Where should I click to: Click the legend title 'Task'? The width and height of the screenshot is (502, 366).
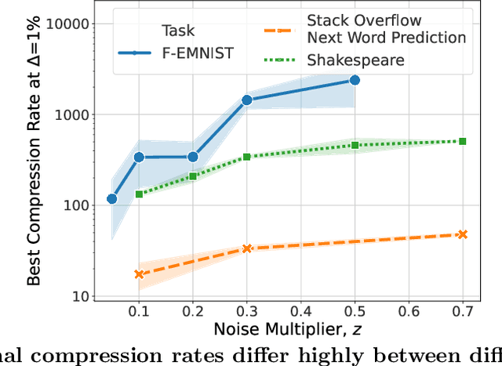click(178, 31)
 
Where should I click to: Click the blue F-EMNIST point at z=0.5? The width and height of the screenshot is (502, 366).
click(355, 80)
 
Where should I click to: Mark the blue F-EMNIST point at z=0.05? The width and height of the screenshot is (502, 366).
click(112, 199)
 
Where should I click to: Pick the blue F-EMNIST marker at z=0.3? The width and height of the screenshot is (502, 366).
click(247, 100)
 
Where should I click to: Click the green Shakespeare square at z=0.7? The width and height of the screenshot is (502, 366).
click(462, 141)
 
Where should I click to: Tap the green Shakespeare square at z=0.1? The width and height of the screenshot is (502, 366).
click(140, 194)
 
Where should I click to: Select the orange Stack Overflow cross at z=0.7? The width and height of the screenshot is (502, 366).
click(462, 234)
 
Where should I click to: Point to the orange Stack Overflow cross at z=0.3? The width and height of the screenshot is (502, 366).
click(247, 248)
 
